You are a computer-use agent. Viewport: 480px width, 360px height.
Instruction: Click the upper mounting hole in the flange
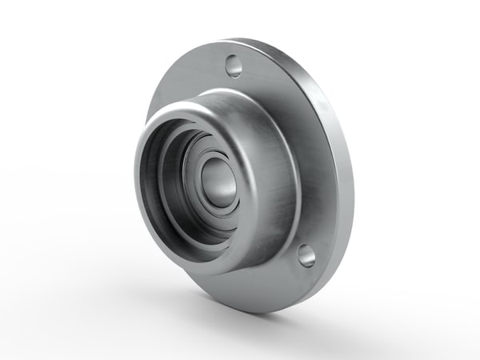(234, 66)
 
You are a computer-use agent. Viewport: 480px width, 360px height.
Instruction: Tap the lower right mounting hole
(306, 255)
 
